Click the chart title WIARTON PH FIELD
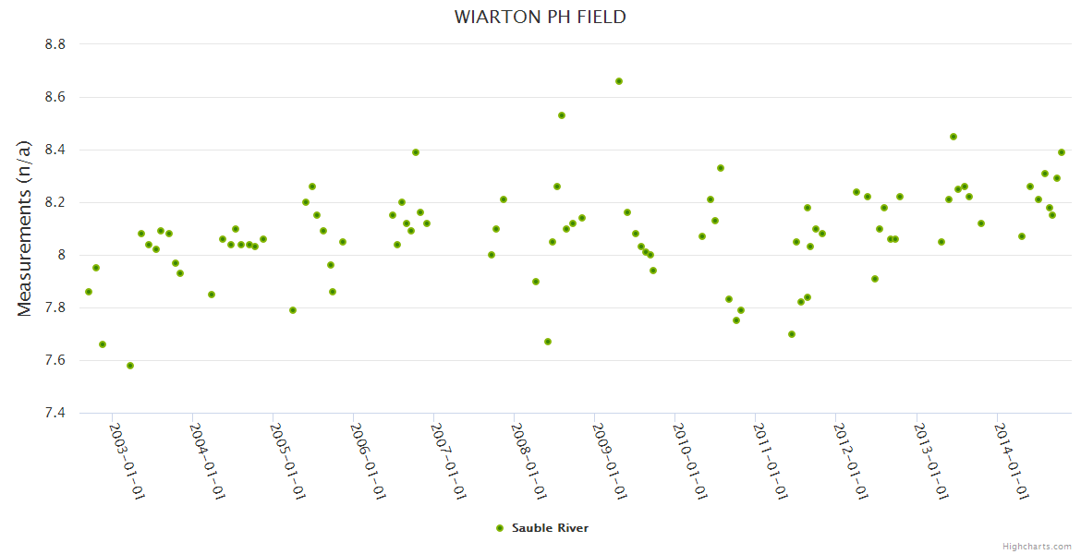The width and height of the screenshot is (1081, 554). click(540, 17)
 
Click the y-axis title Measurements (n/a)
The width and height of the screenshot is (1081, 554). click(25, 229)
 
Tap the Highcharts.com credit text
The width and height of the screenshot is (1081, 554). click(1037, 547)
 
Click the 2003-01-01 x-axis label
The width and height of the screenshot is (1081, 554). click(127, 461)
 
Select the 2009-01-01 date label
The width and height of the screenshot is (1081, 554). click(610, 461)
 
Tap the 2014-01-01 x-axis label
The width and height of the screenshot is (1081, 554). click(1012, 461)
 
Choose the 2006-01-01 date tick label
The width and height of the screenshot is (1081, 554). click(368, 461)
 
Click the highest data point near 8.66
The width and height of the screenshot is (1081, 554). click(619, 81)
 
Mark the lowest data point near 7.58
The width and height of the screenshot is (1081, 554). click(130, 366)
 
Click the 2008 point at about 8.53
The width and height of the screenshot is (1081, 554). click(562, 115)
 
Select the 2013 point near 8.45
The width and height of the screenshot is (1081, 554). click(953, 137)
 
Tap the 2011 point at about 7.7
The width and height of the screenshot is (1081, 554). click(792, 334)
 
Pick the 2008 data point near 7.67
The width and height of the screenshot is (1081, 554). click(548, 342)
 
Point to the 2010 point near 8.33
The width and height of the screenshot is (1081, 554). click(721, 168)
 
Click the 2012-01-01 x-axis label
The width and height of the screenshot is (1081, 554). click(851, 461)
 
